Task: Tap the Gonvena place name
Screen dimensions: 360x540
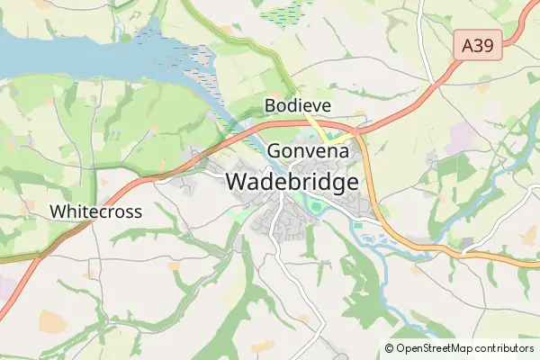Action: pos(308,151)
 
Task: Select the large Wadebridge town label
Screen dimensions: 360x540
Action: pos(292,181)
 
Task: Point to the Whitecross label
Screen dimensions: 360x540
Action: pos(95,211)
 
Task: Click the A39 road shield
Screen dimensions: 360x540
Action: pos(478,46)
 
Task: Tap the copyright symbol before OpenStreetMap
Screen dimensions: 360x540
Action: pos(390,347)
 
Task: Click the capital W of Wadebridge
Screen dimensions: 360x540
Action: pos(236,181)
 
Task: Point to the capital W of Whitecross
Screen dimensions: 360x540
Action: pos(58,211)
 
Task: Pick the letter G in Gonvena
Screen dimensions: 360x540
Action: pos(274,151)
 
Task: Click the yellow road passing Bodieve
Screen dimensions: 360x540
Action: pos(314,125)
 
